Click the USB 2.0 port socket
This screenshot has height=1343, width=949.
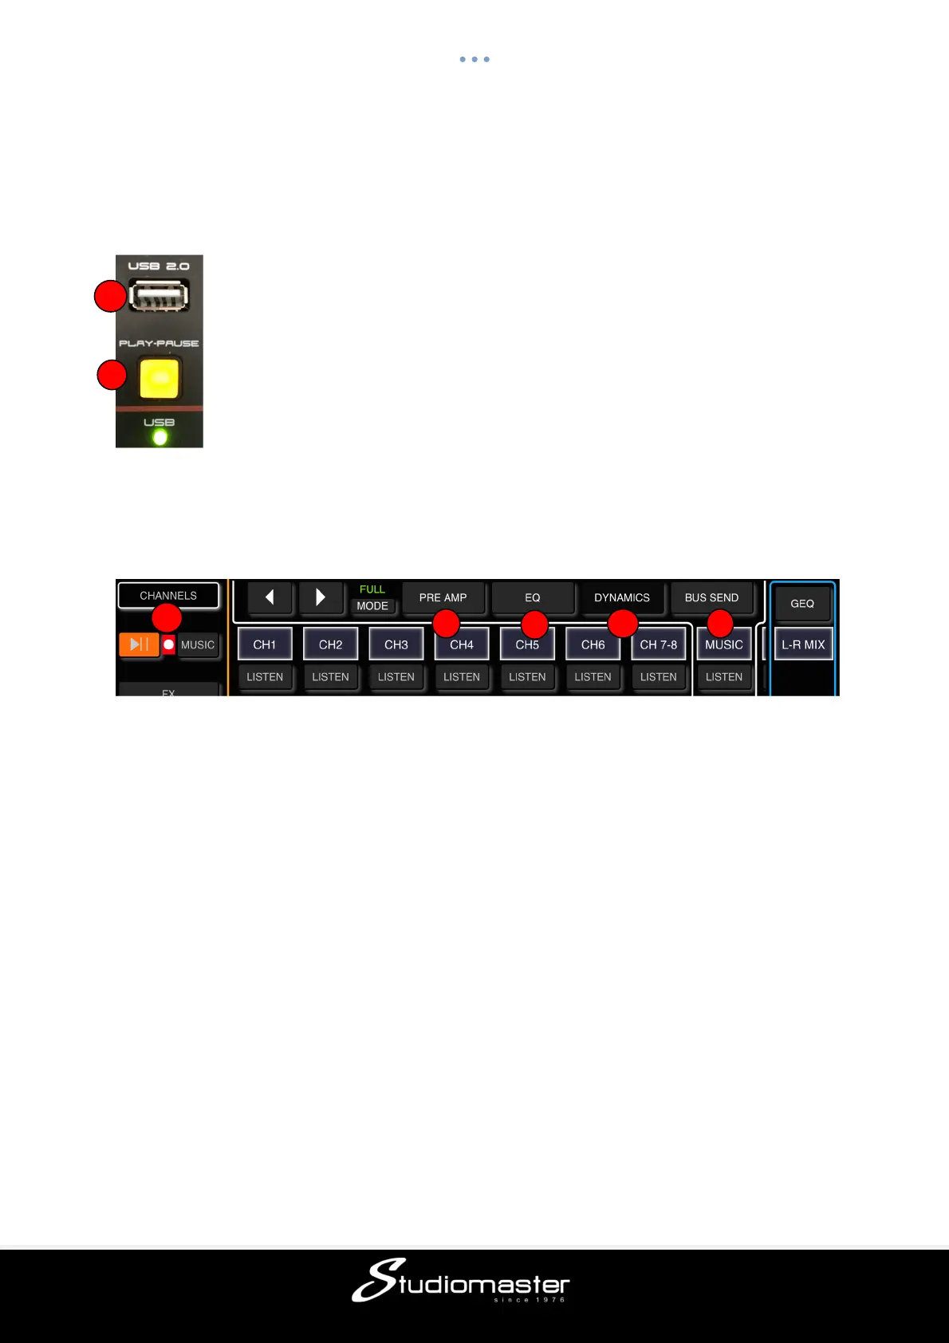pos(159,296)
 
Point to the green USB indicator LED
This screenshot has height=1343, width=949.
pos(159,437)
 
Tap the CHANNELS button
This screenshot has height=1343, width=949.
pos(168,596)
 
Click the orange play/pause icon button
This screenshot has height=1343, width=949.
pos(139,644)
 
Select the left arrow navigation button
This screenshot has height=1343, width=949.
pos(270,597)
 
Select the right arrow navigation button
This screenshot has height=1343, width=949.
pos(321,597)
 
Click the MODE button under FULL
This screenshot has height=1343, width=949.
pos(372,606)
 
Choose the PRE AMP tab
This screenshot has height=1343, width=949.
pos(443,597)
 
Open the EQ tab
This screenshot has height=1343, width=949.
pos(533,597)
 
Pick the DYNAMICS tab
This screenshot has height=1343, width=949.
pos(622,597)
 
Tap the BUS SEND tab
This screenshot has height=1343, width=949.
pos(711,597)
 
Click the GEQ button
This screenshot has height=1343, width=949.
pos(802,604)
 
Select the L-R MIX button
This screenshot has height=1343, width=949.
pos(803,644)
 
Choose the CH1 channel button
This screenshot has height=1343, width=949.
pos(265,644)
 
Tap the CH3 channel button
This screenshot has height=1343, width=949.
pos(396,644)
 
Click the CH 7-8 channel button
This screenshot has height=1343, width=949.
pos(659,644)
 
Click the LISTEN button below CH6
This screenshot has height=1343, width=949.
pos(593,677)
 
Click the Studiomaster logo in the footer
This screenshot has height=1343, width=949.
pos(461,1281)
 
